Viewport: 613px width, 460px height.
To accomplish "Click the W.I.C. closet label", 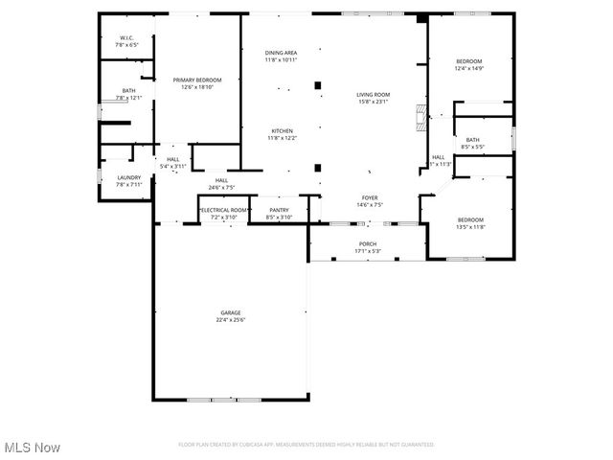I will coord(127,38).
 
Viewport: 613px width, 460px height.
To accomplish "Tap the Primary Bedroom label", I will coord(197,80).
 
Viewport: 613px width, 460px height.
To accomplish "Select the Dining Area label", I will coord(282,53).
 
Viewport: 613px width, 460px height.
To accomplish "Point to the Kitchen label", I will coord(282,131).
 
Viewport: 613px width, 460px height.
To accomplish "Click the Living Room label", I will coord(374,94).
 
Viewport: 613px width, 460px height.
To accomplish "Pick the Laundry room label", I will coord(129,177).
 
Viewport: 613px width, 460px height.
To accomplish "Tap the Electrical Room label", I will coord(223,210).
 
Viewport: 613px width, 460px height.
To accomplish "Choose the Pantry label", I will coord(279,210).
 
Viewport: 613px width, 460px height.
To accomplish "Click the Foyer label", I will coord(370,197).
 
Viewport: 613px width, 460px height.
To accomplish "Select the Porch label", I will coord(368,244).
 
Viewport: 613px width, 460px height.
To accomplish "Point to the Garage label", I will coord(231,312).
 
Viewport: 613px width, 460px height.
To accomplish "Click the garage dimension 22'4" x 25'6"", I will coord(231,319).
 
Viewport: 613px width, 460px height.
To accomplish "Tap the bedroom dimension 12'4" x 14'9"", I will coord(469,68).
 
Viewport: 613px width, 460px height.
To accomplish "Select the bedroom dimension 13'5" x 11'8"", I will coord(470,227).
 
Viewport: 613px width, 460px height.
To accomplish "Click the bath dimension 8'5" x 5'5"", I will coord(473,147).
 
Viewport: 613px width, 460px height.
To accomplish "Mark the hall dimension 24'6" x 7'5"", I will coord(221,188).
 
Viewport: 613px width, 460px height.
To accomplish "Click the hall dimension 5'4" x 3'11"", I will coord(173,167).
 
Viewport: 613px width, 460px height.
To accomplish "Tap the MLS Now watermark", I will coord(33,448).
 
